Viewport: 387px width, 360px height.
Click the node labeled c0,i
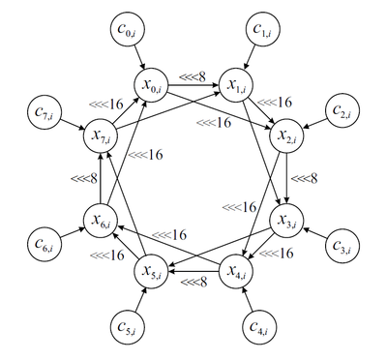128,30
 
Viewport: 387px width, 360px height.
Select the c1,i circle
262,30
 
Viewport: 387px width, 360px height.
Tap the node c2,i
342,110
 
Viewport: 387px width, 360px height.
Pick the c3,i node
342,246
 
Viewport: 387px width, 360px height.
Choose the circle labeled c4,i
259,326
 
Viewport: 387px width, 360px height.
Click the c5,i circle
127,326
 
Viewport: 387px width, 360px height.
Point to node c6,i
45,243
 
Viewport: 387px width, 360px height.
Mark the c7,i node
45,111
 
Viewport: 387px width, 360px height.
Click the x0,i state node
151,85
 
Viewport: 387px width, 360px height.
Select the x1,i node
236,85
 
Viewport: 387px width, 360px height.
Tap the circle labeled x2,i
286,135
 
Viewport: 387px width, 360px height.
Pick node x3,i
286,220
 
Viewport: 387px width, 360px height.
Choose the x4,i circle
236,271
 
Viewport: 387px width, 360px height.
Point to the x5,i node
151,271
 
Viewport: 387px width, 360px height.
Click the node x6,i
101,220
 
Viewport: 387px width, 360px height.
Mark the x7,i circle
101,135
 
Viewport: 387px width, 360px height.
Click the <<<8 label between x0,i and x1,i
193,76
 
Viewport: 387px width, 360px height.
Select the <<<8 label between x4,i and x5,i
193,282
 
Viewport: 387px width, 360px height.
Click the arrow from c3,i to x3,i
314,233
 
